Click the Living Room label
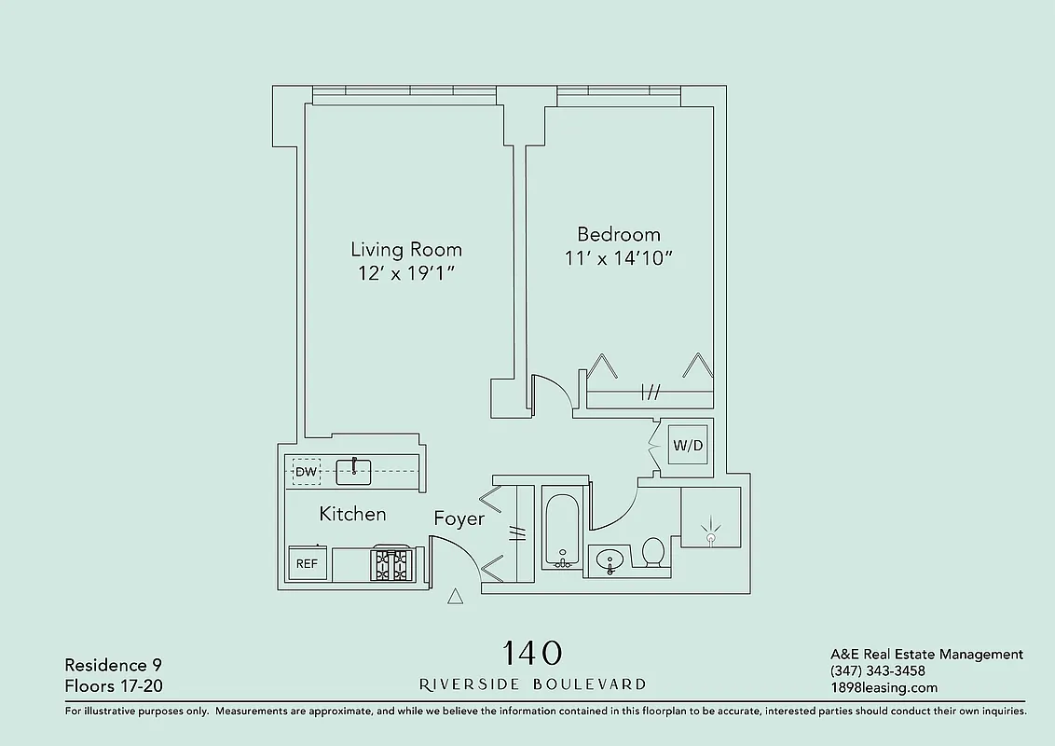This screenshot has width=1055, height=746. click(405, 250)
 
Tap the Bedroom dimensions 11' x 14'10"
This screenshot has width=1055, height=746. click(618, 258)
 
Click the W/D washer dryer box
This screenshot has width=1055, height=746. click(688, 446)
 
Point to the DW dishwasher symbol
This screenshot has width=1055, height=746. click(306, 472)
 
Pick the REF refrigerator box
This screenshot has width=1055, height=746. click(308, 563)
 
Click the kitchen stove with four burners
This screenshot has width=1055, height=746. click(392, 565)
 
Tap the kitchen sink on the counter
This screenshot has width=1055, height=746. click(353, 471)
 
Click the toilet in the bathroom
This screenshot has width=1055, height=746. click(652, 553)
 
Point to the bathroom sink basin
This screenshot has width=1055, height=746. click(610, 560)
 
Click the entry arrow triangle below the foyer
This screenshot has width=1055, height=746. click(456, 597)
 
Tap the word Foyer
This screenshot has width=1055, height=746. click(459, 518)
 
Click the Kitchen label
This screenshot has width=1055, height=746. click(352, 514)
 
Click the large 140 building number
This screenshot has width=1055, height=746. click(532, 652)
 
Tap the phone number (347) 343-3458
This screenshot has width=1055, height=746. click(877, 671)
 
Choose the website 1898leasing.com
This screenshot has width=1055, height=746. click(883, 688)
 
